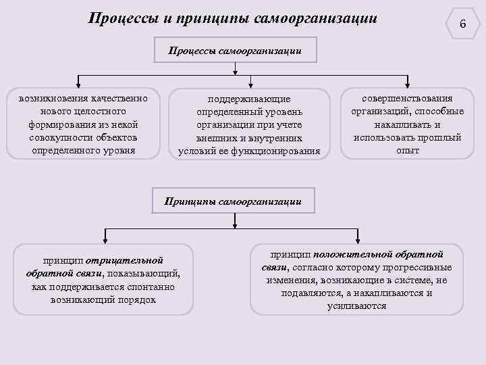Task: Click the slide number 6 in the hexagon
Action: point(462,24)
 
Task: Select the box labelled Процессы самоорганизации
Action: point(234,51)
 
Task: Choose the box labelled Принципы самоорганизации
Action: point(233,201)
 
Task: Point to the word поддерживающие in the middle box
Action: point(249,99)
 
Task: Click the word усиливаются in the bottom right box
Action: point(357,306)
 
